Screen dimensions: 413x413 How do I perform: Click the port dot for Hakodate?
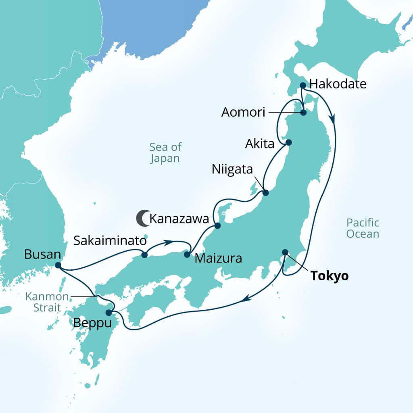pos(302,85)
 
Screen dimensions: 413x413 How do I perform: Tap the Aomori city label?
pos(243,113)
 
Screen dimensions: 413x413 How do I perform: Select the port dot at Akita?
pos(289,142)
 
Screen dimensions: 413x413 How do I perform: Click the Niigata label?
pos(233,169)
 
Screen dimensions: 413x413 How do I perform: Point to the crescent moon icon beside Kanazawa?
pos(142,218)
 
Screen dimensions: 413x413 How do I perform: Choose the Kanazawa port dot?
pos(217,226)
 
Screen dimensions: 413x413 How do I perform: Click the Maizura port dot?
pos(187,254)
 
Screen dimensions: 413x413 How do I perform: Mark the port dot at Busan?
pos(58,265)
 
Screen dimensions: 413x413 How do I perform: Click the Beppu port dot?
pos(108,313)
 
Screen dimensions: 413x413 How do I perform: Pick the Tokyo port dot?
pos(285,252)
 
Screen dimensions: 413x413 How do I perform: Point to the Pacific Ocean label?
pos(363,228)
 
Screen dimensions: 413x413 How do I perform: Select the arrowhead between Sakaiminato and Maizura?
pos(170,242)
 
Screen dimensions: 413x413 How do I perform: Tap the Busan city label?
pos(42,254)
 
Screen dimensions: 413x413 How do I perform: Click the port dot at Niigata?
pos(265,193)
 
